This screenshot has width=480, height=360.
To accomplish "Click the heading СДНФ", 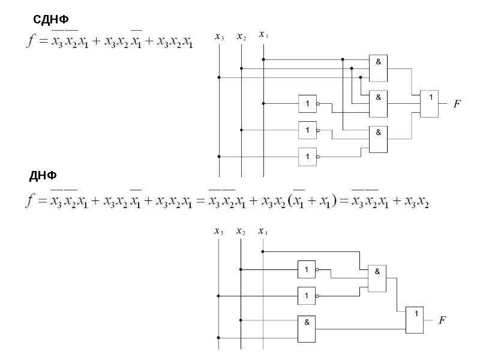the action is (51, 19).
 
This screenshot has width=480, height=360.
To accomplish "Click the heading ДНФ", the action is (43, 176).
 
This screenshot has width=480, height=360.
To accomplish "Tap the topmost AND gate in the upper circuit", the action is (378, 68).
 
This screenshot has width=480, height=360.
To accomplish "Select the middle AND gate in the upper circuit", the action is (378, 104).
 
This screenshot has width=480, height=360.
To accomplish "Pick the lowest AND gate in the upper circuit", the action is (378, 139).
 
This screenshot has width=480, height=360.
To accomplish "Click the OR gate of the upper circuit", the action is (429, 104).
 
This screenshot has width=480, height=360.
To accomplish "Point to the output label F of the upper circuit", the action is (457, 104).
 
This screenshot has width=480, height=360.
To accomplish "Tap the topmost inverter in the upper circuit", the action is (308, 104).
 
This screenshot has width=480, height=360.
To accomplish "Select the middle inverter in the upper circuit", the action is (308, 130).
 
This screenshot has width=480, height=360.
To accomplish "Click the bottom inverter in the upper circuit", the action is (308, 157).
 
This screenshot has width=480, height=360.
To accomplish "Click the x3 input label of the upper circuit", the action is (219, 37).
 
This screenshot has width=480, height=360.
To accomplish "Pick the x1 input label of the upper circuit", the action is (263, 34).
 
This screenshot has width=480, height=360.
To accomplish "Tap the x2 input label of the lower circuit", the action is (241, 232).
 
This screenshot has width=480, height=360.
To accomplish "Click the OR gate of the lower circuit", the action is (415, 320).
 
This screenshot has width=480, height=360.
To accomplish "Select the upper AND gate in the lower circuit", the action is (377, 278).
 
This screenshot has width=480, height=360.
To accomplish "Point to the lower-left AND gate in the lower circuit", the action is (307, 329).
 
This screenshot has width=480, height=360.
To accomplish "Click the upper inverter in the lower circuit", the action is (307, 269).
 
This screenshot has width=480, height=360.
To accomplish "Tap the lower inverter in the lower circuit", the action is (307, 296).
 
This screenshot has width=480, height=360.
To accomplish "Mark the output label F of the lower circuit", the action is (442, 320).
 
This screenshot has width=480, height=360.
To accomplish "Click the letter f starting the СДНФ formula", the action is (31, 40).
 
